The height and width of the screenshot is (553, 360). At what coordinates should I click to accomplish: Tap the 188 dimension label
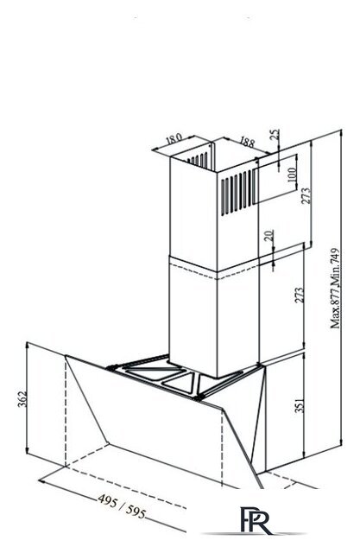pyautogui.click(x=247, y=142)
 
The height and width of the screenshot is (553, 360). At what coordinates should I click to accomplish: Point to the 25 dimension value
pyautogui.click(x=275, y=134)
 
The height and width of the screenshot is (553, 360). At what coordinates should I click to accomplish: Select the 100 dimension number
pyautogui.click(x=292, y=175)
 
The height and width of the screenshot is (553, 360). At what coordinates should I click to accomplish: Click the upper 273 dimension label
pyautogui.click(x=306, y=195)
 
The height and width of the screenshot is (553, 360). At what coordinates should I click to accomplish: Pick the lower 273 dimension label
pyautogui.click(x=299, y=296)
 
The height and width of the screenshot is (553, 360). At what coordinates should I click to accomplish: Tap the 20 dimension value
pyautogui.click(x=268, y=235)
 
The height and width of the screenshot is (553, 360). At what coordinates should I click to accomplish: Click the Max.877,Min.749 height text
pyautogui.click(x=335, y=289)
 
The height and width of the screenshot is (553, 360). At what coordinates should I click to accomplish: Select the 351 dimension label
pyautogui.click(x=299, y=405)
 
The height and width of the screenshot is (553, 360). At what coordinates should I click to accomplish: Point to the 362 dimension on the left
pyautogui.click(x=22, y=399)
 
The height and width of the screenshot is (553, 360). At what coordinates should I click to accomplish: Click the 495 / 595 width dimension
pyautogui.click(x=122, y=506)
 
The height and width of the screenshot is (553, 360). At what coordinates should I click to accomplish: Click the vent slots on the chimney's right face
pyautogui.click(x=237, y=193)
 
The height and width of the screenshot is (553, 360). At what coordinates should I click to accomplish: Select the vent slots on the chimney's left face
pyautogui.click(x=198, y=160)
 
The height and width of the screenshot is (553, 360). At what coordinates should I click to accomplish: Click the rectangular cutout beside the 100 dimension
pyautogui.click(x=275, y=180)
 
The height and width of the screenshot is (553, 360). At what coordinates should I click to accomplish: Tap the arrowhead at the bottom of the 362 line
pyautogui.click(x=27, y=450)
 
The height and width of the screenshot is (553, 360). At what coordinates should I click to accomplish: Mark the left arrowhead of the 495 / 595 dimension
pyautogui.click(x=42, y=480)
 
